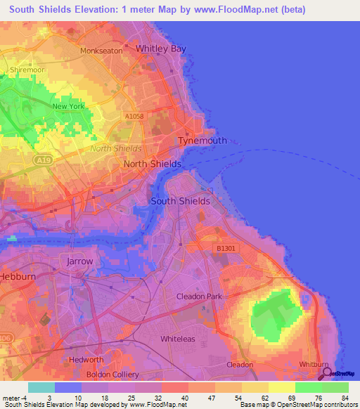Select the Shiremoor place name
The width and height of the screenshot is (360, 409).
pos(27,70)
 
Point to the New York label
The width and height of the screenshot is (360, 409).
pos(68,106)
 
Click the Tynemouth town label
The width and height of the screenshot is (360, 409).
pos(202,141)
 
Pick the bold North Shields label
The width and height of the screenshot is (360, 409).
pos(152,164)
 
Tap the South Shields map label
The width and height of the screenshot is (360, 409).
pos(181,201)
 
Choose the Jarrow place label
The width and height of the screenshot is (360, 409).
pos(79,261)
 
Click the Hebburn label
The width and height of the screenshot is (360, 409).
pos(14,276)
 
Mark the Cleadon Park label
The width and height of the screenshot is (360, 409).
pos(199,297)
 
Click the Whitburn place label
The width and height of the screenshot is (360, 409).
pos(314,365)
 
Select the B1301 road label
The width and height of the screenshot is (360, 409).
pos(226,247)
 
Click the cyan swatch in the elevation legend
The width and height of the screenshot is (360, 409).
pos(41,387)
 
